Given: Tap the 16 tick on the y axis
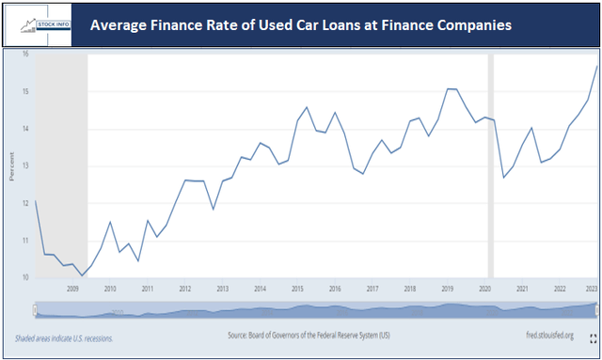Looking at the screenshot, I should [26, 55].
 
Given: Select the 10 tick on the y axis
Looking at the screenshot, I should [26, 277].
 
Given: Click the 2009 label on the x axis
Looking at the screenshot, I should [71, 290].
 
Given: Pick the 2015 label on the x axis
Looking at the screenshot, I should [296, 290].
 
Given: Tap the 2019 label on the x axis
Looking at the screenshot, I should [447, 290].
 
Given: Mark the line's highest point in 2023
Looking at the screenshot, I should [596, 65].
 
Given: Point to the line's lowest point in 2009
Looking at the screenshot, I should [82, 275].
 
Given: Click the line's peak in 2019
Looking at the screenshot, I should [451, 89].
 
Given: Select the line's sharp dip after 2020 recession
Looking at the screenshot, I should [504, 178].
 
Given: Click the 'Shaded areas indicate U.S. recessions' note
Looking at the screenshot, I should [62, 337].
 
